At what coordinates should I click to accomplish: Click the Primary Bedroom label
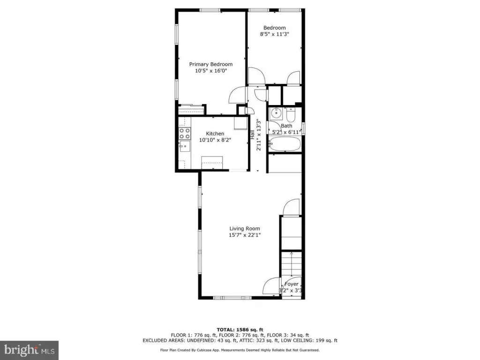(x=210, y=64)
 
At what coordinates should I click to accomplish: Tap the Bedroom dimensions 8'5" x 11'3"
(x=274, y=34)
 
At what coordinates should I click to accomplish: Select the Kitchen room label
(x=215, y=134)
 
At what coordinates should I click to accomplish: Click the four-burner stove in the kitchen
(x=185, y=134)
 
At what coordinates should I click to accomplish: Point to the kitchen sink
(x=184, y=146)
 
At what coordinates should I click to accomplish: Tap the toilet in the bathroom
(x=291, y=114)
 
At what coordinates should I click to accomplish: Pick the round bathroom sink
(x=276, y=113)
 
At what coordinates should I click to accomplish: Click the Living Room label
(x=245, y=228)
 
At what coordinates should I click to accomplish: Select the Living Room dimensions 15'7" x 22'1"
(x=245, y=235)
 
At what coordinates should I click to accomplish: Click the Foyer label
(x=292, y=284)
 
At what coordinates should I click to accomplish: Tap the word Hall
(x=252, y=135)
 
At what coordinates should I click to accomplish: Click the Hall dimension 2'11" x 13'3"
(x=259, y=135)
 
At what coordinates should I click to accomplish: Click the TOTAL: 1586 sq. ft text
(x=240, y=330)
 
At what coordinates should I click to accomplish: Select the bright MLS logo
(x=29, y=350)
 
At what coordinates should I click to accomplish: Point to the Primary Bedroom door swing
(x=238, y=95)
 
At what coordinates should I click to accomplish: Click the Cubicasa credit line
(x=240, y=350)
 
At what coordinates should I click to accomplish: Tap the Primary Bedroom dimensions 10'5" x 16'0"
(x=211, y=71)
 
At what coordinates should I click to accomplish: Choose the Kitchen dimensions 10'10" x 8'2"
(x=215, y=140)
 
